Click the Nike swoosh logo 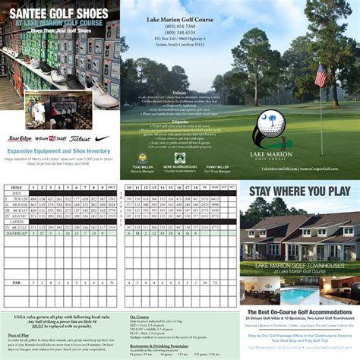103,139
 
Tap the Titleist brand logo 80,139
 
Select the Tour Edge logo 21,140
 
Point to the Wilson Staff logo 52,139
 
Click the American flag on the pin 320,76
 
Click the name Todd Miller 142,166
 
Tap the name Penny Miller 217,166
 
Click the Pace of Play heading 19,333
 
